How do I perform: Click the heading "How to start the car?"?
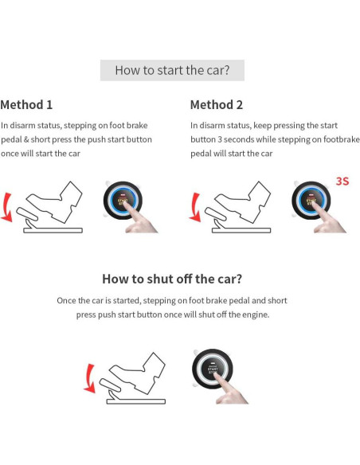pos(172,70)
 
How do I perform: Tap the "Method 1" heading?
pos(26,104)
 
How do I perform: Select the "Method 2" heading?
pos(217,104)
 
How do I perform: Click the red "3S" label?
pos(342,182)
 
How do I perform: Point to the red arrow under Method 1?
pos(7,208)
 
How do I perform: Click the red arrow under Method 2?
pos(195,208)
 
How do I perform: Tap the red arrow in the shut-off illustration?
pos(89,379)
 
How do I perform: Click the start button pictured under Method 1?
pos(123,201)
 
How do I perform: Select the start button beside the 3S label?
pos(311,201)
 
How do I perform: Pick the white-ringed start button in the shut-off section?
pos(213,369)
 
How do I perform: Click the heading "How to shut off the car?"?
pos(172,279)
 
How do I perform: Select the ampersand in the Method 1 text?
pos(26,139)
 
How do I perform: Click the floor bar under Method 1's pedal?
pos(53,230)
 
